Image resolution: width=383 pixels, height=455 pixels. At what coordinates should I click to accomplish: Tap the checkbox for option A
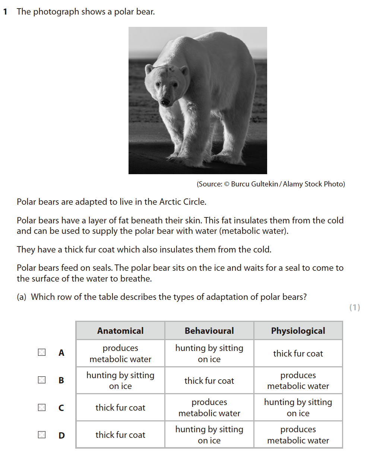point(42,352)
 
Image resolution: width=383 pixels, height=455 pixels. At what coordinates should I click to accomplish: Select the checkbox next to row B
point(42,380)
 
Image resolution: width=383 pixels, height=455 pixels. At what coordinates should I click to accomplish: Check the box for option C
point(42,407)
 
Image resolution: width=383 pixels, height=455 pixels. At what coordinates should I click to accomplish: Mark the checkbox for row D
point(42,434)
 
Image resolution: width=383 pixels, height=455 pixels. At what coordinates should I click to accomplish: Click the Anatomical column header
point(120,331)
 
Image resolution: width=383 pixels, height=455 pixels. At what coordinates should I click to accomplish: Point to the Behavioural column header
point(209,331)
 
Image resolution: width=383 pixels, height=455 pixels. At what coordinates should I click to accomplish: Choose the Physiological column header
point(298,331)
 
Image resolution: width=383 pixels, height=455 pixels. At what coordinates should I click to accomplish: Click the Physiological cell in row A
point(298,354)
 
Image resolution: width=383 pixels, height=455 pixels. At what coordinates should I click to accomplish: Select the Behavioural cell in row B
point(209,381)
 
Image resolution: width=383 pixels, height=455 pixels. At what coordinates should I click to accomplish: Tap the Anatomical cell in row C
point(120,408)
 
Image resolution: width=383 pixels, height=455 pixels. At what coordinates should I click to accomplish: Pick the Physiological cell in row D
point(298,435)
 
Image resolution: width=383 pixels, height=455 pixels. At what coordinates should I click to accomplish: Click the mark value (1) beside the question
point(355,307)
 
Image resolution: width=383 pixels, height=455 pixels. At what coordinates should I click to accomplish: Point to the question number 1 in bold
point(5,12)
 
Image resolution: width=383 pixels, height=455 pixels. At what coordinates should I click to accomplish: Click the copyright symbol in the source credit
point(227,184)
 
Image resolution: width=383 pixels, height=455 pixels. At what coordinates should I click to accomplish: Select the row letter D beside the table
point(61,435)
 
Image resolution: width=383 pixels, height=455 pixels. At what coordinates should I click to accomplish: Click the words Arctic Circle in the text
point(183,202)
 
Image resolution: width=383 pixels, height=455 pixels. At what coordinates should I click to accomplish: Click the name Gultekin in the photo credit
point(265,184)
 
